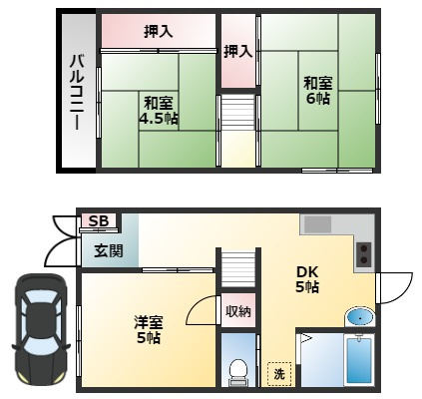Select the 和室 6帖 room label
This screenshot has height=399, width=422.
(318, 91)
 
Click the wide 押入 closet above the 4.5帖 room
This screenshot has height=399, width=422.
(158, 32)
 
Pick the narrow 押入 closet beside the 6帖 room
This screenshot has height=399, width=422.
(237, 51)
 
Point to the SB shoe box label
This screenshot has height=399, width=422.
(98, 221)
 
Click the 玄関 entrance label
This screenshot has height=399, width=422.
(109, 250)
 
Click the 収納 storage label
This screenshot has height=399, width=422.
(237, 311)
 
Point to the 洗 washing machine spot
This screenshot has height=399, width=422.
(278, 374)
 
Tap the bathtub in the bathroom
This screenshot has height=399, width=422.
(358, 361)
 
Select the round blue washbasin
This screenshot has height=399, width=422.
(359, 317)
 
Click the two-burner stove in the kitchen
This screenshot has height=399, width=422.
(362, 255)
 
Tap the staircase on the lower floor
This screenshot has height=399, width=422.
(236, 270)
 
